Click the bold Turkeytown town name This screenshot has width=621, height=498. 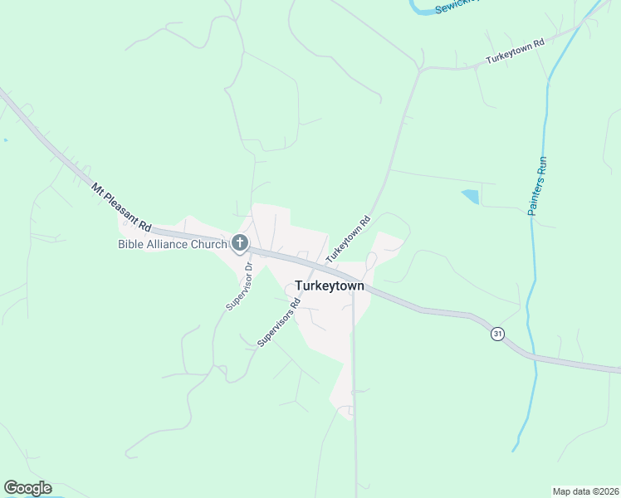329,285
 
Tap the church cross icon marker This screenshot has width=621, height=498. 240,243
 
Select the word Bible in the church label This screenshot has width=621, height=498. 131,244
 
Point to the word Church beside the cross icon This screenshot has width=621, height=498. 210,244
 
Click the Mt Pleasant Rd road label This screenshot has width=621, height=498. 121,207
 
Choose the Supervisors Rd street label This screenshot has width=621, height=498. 278,322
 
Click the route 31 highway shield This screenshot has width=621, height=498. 497,333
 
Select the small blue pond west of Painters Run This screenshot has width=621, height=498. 471,197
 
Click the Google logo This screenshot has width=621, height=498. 27,488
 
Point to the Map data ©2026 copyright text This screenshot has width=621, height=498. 585,491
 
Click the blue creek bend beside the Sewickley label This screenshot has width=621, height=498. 419,10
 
